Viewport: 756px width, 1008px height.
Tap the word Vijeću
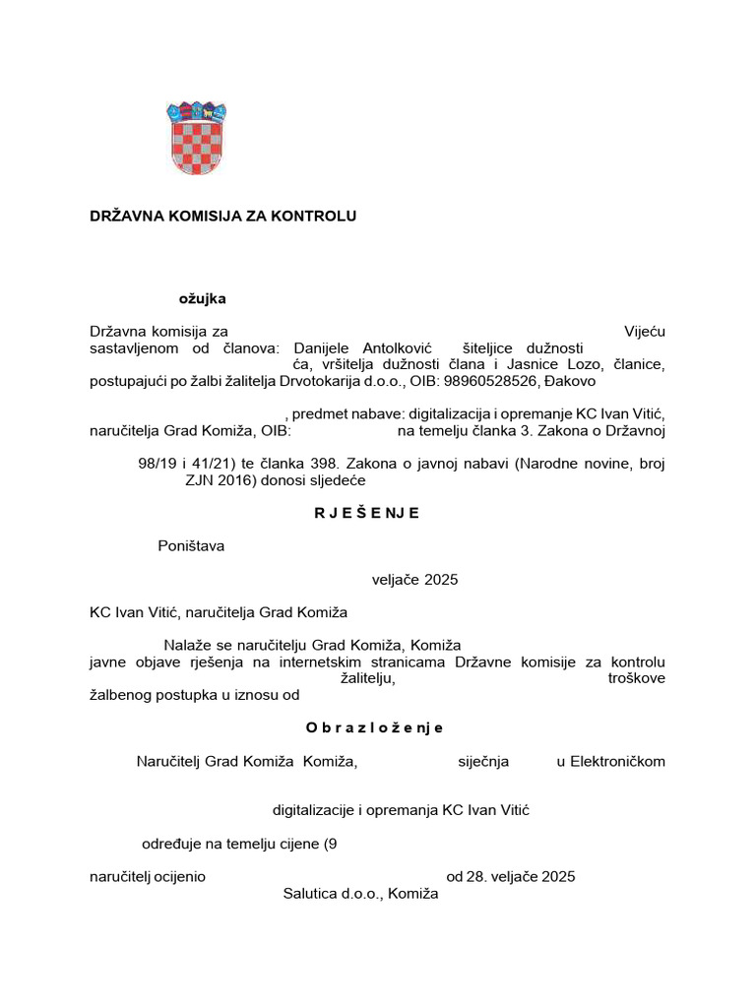645,332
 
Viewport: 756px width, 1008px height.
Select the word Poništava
191,546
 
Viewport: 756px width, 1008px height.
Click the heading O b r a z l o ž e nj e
374,727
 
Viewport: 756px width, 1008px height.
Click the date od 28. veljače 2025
510,876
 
